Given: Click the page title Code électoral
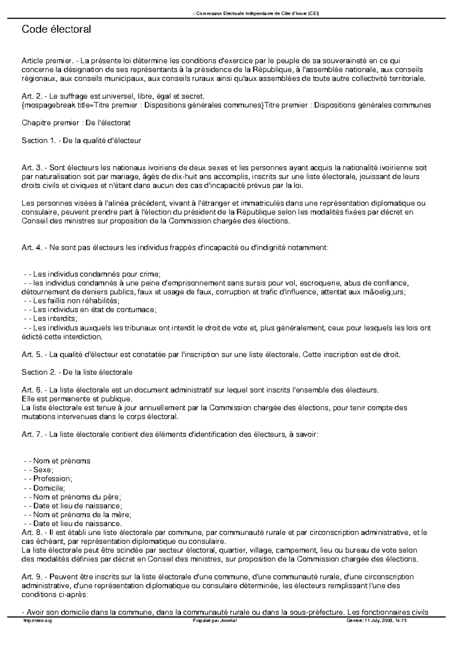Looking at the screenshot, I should [x=56, y=29].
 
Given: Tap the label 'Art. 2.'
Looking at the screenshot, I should [x=32, y=96].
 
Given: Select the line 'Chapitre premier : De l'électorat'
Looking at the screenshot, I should [x=76, y=123].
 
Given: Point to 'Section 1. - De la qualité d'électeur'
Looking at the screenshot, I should [x=81, y=141].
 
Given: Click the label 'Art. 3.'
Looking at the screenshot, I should [x=32, y=168].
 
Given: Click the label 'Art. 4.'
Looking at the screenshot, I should [x=32, y=248].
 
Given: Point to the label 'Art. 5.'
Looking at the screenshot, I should [x=32, y=355].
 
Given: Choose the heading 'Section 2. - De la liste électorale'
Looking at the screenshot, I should [x=77, y=372].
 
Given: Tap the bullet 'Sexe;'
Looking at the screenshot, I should [x=43, y=470].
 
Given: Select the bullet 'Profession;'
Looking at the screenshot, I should [x=52, y=479].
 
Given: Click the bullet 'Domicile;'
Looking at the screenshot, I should [x=49, y=488].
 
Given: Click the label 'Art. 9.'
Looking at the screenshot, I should [x=32, y=577].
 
